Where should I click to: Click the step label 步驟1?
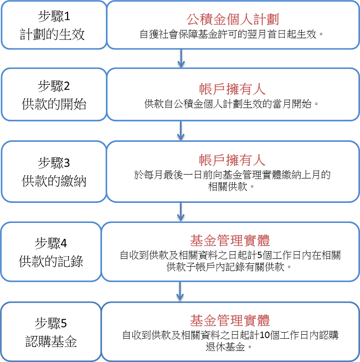[54, 17]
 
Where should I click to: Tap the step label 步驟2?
[54, 86]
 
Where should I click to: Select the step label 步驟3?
[54, 163]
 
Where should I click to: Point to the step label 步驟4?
[51, 243]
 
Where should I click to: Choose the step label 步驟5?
[51, 323]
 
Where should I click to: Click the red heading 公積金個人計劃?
[233, 19]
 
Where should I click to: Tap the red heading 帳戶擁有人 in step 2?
[233, 89]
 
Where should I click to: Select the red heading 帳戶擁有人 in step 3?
[233, 160]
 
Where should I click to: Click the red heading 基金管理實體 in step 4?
[230, 241]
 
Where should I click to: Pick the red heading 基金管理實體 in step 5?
[230, 320]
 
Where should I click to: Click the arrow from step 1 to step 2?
[181, 58]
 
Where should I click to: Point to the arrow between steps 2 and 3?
[181, 131]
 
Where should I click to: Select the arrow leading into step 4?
[181, 212]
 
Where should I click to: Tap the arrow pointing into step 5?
[180, 292]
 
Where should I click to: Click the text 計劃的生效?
[53, 34]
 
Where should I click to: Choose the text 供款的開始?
[54, 104]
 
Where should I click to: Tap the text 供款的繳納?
[54, 181]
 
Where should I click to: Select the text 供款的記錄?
[51, 261]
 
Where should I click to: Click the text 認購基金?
[51, 341]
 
